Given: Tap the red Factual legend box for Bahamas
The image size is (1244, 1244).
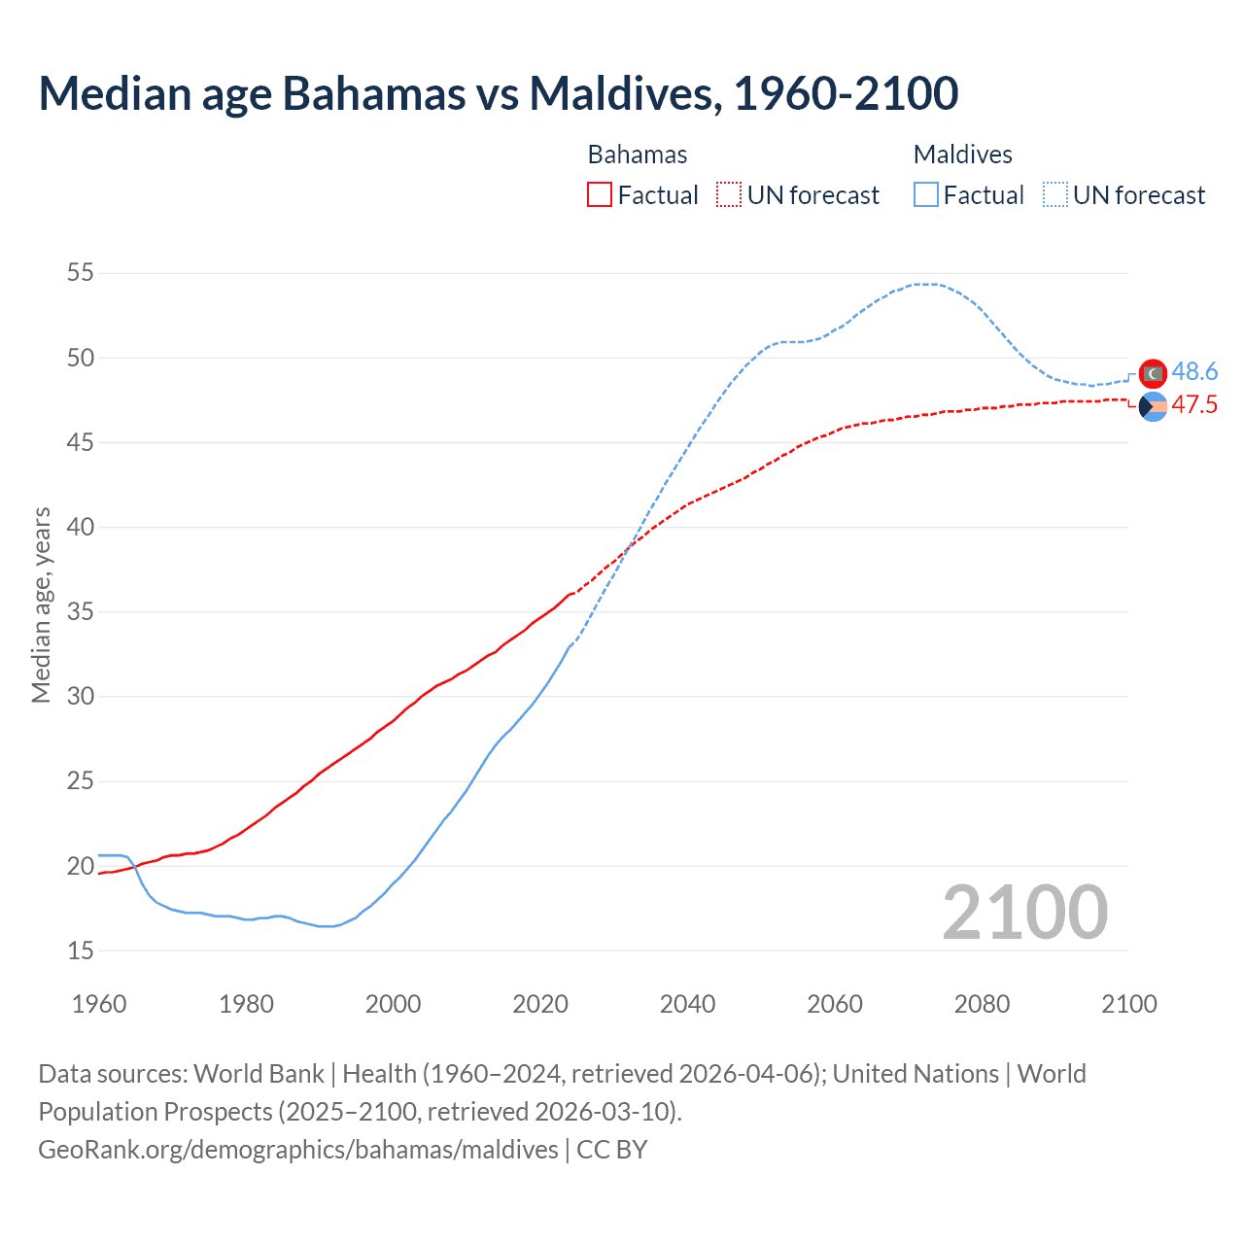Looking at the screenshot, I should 600,195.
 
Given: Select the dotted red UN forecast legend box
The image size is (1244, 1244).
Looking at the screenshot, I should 729,195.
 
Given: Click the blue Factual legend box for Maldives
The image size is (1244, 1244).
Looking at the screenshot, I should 926,195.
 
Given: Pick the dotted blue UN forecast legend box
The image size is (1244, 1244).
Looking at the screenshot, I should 1054,195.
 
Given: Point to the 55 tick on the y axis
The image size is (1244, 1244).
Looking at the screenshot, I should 81,273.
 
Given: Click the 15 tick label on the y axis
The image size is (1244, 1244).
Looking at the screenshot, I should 81,950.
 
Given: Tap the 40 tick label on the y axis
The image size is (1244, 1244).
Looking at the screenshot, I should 81,528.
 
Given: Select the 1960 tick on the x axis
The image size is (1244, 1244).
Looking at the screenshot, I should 99,1004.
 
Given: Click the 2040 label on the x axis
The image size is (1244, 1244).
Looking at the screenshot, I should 687,1004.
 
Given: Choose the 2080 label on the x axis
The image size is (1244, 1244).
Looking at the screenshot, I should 982,1004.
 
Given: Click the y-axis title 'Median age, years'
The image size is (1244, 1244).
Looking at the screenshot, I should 41,605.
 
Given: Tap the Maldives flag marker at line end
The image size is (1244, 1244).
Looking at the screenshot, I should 1153,373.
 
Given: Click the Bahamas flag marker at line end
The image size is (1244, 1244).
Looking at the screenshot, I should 1153,406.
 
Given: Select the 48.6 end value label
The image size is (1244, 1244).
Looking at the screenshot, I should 1194,371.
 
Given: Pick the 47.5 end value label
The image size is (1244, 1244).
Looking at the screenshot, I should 1194,405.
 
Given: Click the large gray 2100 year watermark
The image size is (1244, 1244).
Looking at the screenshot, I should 1024,912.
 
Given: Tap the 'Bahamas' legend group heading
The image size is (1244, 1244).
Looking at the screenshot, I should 638,155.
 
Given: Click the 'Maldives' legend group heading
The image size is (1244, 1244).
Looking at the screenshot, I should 962,155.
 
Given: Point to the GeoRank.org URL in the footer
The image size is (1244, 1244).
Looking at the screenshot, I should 298,1150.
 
